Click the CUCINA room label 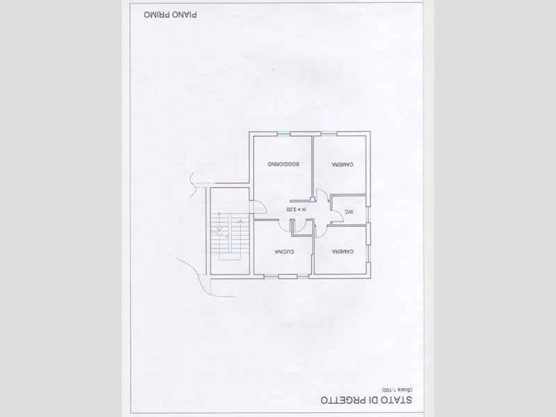coord(285,250)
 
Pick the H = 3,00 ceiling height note coord(295,209)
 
